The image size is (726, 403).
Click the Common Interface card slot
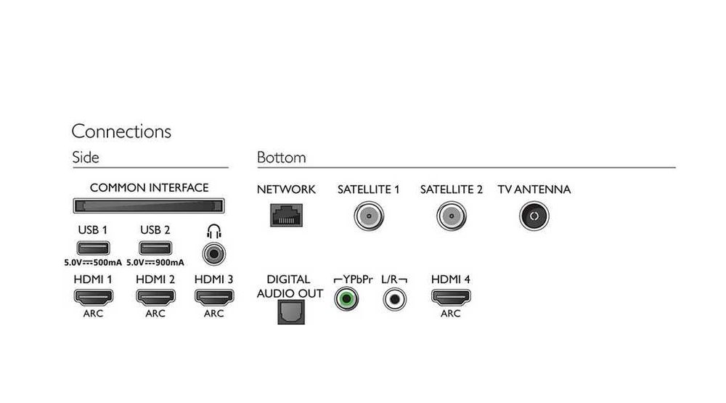[x=149, y=205]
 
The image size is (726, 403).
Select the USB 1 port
[x=93, y=248]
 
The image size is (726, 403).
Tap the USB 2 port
[x=155, y=248]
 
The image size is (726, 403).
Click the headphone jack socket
[x=214, y=254]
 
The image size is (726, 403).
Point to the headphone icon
[x=214, y=231]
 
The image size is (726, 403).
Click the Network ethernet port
[x=286, y=216]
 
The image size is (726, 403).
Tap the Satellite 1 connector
[x=369, y=216]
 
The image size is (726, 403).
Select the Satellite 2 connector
[x=452, y=216]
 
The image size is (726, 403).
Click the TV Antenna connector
[x=534, y=216]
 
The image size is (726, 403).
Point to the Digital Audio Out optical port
[x=291, y=312]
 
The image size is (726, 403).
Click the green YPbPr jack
[x=346, y=298]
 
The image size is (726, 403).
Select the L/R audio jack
[x=394, y=298]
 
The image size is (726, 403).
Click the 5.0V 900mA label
[x=155, y=263]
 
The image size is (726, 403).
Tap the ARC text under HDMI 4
[x=451, y=314]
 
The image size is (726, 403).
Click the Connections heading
[x=121, y=131]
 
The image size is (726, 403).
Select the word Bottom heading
[x=282, y=158]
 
